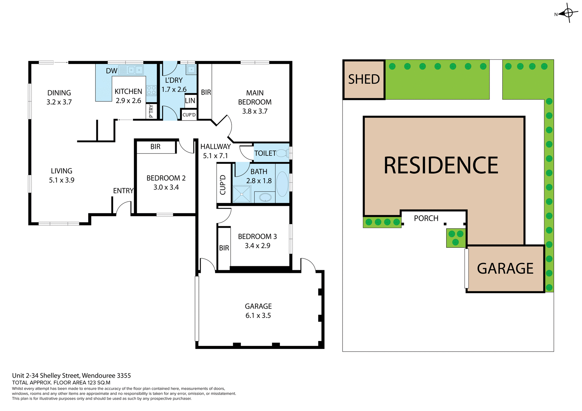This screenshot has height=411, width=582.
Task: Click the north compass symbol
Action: (567, 13)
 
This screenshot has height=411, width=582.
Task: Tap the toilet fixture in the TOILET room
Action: (282, 153)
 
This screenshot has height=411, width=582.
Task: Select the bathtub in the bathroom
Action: (283, 184)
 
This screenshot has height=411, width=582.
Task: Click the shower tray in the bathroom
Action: (242, 194)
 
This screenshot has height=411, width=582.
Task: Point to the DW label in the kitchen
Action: (111, 71)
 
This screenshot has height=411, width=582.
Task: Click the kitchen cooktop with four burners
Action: (151, 90)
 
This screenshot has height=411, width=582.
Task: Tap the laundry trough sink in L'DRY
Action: (192, 70)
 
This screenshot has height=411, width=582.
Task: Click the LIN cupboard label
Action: (190, 101)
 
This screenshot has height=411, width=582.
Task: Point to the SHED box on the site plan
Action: (364, 80)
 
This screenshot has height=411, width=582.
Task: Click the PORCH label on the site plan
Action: (426, 218)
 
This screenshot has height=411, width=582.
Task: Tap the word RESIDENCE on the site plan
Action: (441, 166)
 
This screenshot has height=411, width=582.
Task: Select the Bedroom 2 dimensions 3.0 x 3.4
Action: (166, 187)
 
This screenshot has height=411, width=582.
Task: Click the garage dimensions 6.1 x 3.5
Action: (258, 316)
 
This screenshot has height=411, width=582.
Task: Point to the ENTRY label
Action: (123, 191)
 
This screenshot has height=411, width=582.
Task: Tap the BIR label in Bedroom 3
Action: (224, 248)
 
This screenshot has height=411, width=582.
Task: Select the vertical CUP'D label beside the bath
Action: (223, 184)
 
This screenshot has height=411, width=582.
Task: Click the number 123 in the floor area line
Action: (92, 383)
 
